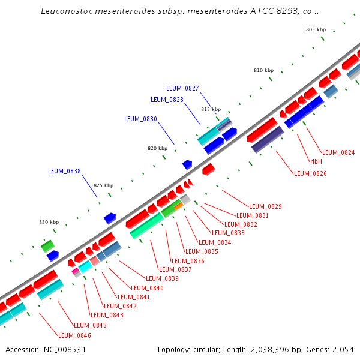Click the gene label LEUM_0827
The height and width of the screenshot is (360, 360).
182,88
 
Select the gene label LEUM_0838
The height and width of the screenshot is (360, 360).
64,171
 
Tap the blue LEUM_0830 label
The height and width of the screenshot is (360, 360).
140,119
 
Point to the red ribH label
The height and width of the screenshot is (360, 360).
316,161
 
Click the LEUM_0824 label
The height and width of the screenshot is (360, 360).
338,152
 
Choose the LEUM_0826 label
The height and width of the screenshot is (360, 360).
310,173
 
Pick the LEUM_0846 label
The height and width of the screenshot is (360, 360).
74,335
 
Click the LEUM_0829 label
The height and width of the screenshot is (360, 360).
265,206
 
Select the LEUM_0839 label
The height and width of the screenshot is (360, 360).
162,278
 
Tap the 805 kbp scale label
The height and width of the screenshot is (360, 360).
316,29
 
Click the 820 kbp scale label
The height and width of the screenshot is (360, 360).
157,148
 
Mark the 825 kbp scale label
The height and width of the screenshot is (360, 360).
103,185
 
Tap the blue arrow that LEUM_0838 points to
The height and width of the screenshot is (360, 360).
110,218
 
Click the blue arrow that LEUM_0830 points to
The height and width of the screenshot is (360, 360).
187,164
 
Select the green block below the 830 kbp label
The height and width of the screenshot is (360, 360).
47,245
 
